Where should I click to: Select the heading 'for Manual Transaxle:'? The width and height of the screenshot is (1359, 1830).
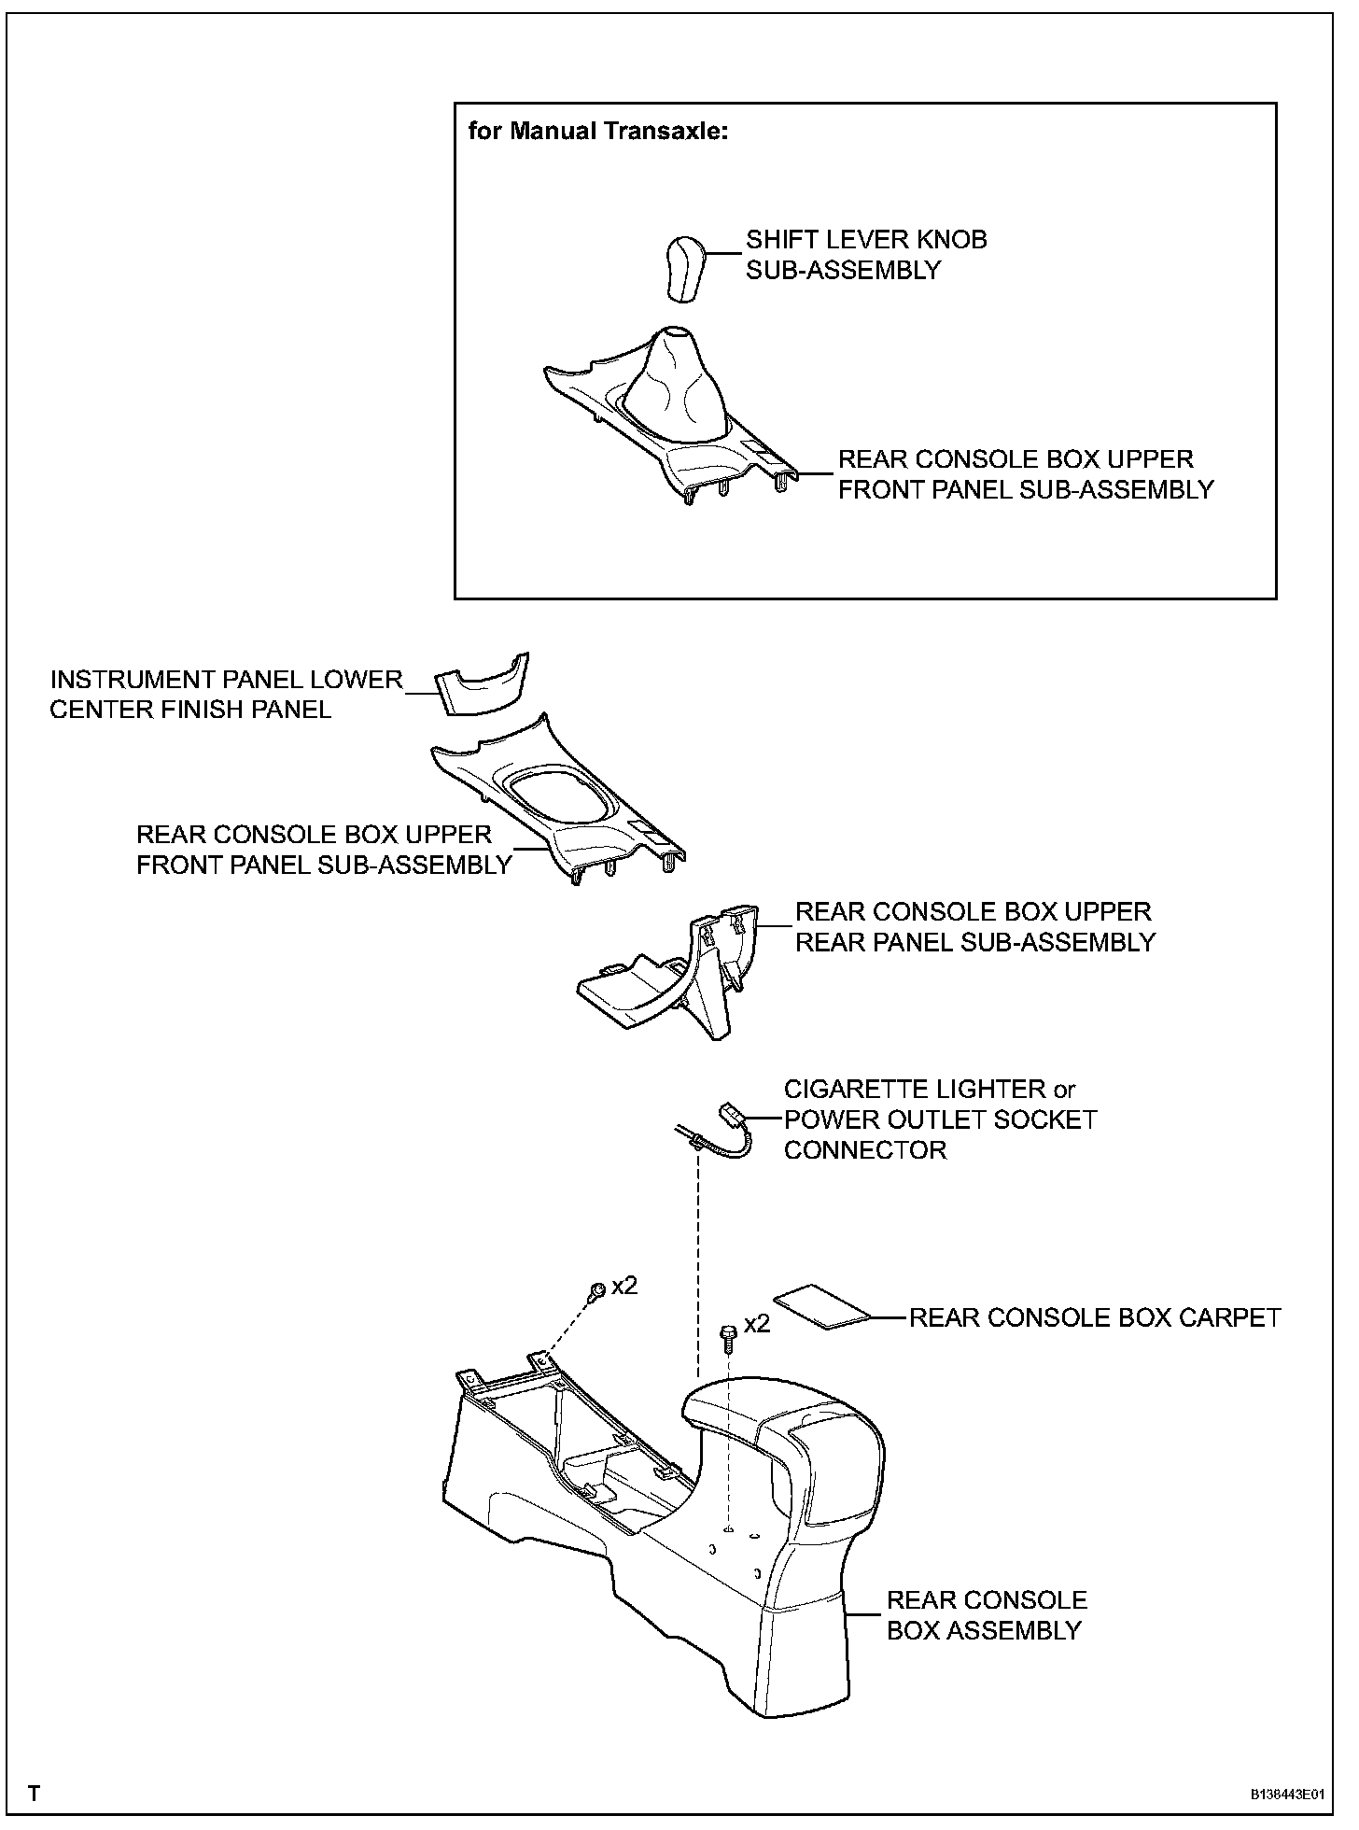coord(597,131)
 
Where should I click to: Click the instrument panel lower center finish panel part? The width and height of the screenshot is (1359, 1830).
coord(482,688)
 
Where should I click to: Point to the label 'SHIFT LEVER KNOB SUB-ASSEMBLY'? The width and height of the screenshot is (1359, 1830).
coord(865,255)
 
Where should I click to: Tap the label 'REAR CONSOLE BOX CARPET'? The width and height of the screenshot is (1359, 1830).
coord(1094,1317)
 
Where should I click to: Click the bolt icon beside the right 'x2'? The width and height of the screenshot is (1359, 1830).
coord(727,1337)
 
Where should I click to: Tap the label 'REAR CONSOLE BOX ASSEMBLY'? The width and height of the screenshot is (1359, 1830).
coord(986,1615)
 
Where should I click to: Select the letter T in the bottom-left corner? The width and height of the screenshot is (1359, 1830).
coord(35,1794)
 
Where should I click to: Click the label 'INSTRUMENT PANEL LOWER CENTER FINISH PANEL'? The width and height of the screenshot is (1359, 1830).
coord(226,695)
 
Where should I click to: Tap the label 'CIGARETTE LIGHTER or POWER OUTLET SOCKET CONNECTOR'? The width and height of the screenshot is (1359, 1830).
coord(940,1119)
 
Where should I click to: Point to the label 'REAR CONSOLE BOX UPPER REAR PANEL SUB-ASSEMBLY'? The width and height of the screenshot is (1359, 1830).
coord(974,926)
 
